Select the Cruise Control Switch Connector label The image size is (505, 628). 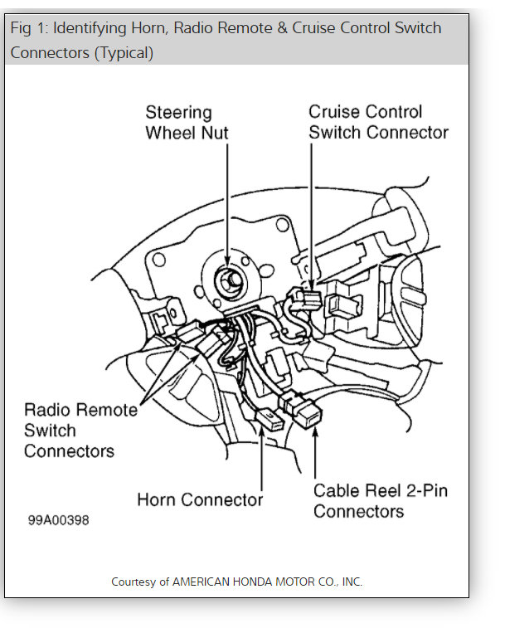click(x=378, y=122)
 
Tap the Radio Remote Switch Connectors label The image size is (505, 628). click(x=80, y=431)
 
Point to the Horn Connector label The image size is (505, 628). click(x=200, y=499)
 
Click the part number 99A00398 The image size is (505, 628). click(x=58, y=520)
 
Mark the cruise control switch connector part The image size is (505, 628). click(x=310, y=299)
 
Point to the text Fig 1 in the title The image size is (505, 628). click(x=27, y=28)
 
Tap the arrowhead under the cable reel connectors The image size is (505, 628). click(x=316, y=433)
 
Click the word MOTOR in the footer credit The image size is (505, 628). click(x=298, y=582)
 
